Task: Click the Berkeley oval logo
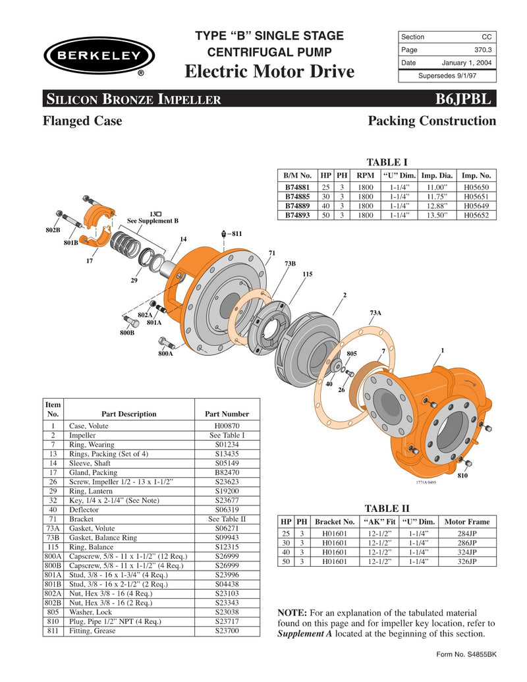[x=99, y=55]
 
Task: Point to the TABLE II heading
[x=387, y=508]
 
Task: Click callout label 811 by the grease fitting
[x=236, y=233]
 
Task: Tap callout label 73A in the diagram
[x=375, y=312]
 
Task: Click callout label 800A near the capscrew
[x=165, y=354]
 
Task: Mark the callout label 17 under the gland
[x=90, y=261]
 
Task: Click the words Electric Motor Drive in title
[x=270, y=71]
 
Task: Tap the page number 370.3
[x=482, y=50]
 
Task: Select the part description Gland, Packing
[x=93, y=472]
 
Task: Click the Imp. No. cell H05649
[x=476, y=206]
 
